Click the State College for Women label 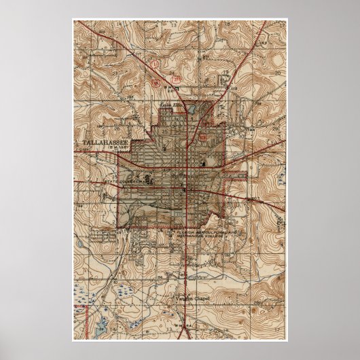pos(127,182)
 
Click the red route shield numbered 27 pos(177,79)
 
